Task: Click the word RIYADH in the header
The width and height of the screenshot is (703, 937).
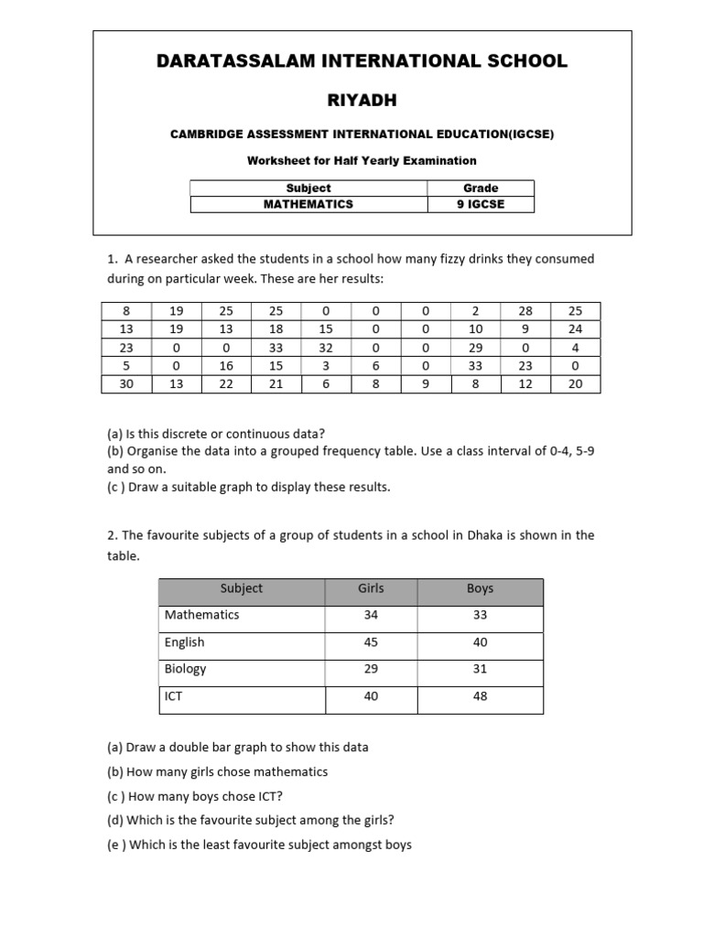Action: coord(362,99)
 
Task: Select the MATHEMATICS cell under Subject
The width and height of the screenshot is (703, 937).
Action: coord(308,204)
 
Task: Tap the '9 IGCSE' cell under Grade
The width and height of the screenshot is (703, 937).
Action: coord(481,204)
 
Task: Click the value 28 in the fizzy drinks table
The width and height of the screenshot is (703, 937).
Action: coord(525,311)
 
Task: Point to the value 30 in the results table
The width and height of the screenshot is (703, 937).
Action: coord(126,384)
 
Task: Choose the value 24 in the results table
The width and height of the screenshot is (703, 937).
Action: coord(575,329)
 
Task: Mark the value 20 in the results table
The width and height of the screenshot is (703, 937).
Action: coord(575,384)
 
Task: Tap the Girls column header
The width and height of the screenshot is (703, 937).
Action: coord(371,588)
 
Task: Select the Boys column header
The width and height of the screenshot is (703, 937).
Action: coord(480,588)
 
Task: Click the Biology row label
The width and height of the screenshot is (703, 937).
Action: coord(186,669)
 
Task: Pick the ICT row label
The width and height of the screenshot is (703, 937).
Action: coord(174,696)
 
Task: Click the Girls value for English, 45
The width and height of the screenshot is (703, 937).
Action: coord(371,642)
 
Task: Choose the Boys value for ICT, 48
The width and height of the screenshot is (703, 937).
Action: coord(480,696)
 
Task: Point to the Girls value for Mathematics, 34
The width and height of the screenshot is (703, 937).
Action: coord(371,615)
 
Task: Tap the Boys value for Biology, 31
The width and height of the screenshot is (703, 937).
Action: coord(480,669)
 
